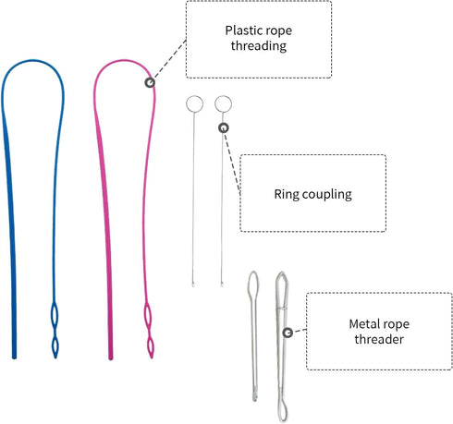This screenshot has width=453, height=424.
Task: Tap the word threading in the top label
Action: coord(259,46)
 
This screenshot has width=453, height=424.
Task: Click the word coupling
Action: coord(327,195)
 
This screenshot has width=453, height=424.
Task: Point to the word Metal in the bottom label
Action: coord(363,324)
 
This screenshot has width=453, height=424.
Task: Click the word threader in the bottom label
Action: coord(379,339)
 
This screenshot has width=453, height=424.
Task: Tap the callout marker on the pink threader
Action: coord(150,82)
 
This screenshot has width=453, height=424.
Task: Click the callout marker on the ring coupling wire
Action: coord(224,127)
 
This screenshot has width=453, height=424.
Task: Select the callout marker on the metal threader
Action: coord(288,333)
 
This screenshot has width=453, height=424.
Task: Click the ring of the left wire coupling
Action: coord(194,96)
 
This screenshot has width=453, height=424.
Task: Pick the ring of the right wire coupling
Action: coord(224,96)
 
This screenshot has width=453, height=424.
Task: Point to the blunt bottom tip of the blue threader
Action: coord(14,357)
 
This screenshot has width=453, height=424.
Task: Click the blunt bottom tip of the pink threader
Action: coord(111,357)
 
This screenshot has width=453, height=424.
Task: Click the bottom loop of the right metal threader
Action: coord(278,409)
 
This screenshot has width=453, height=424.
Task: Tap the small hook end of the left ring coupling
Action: coord(193,285)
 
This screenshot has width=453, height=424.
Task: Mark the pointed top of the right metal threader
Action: coord(282,273)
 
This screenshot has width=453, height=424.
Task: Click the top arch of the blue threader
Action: coord(33,61)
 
